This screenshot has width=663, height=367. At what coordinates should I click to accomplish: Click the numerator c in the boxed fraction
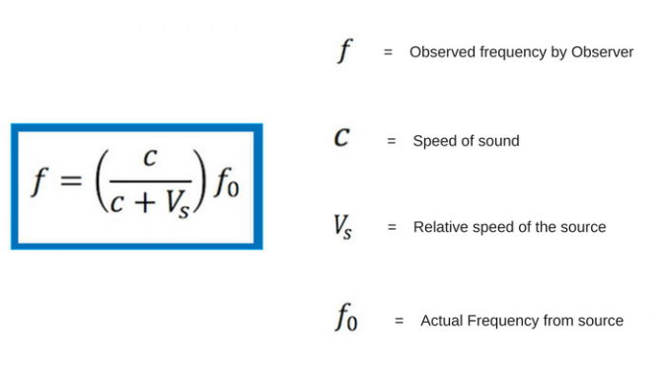click(150, 158)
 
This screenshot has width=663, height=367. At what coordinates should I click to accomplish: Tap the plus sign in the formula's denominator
click(145, 202)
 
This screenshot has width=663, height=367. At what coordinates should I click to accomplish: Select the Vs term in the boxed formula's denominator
click(177, 204)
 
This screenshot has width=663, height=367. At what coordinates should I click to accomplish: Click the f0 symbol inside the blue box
click(227, 183)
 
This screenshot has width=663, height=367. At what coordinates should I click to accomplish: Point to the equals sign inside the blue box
click(71, 181)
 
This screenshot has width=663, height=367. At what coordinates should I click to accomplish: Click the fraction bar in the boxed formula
click(151, 181)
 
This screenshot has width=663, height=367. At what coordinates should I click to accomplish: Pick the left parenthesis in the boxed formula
click(102, 181)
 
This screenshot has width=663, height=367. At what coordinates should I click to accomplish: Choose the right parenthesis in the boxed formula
click(199, 181)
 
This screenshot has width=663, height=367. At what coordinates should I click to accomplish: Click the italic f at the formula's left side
click(39, 182)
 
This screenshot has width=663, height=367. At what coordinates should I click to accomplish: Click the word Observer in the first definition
click(602, 52)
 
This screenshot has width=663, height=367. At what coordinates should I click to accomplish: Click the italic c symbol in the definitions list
click(341, 137)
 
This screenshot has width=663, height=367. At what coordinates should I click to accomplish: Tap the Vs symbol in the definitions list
click(342, 227)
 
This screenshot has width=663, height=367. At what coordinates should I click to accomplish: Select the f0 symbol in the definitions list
click(346, 317)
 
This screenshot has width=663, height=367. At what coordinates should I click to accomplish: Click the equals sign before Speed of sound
click(392, 141)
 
